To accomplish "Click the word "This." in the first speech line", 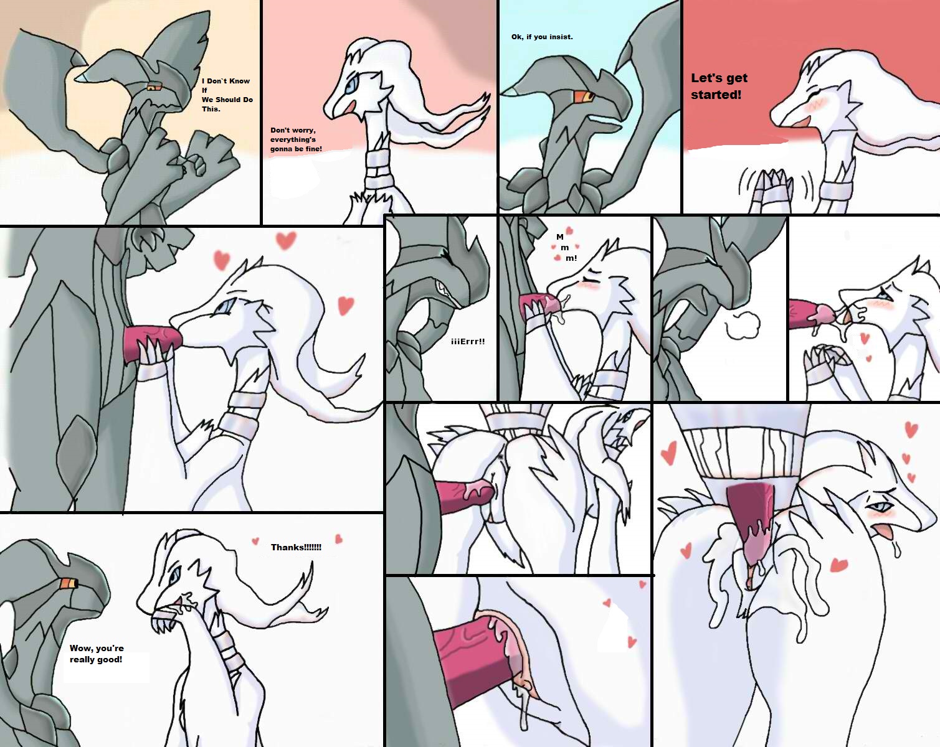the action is coord(211,109).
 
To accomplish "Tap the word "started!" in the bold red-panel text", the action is coord(716,94).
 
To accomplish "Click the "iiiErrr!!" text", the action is coord(468,341).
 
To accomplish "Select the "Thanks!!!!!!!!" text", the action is coord(296,547).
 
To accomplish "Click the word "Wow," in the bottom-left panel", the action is coord(80,648).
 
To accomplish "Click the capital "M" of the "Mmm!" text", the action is coord(560,237).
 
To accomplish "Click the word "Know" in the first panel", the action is coord(240,81).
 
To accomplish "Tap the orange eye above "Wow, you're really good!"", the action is coord(69,583).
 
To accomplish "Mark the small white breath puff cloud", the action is coord(742,325).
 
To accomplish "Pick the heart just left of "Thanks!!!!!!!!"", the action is coord(255,542).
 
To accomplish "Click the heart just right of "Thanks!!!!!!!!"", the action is coord(338,538).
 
